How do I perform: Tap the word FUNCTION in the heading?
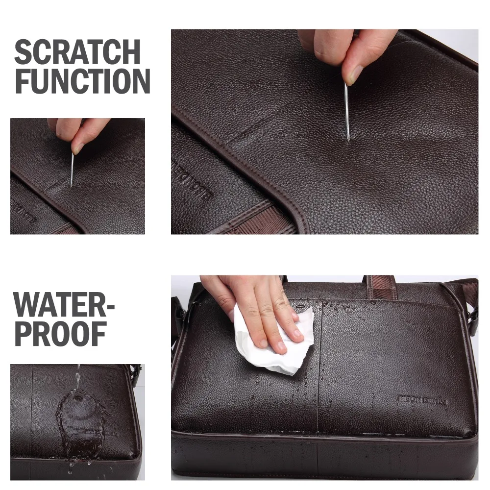82,81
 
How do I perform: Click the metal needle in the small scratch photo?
72,169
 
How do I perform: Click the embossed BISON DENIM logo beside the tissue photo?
421,399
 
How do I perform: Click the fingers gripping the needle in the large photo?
348,54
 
